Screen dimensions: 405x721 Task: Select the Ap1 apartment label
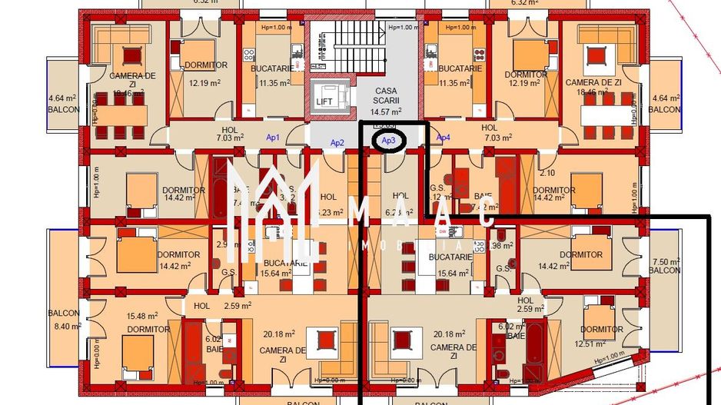273,138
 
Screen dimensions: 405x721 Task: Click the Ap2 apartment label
337,143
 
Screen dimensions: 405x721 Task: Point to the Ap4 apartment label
444,138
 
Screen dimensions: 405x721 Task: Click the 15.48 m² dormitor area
142,315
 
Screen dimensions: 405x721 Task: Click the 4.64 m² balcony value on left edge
61,98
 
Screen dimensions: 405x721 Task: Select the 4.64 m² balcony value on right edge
665,98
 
